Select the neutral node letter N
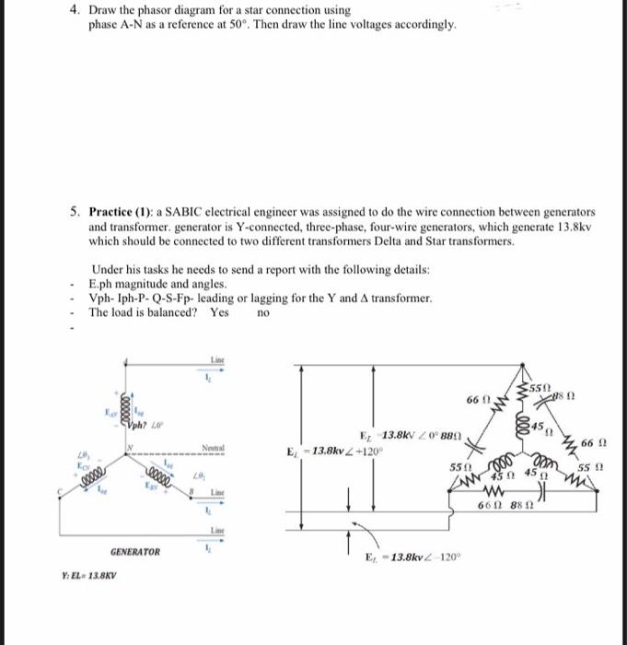130,449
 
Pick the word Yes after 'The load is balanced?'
218,312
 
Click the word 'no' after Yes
262,312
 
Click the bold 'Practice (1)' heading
123,211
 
